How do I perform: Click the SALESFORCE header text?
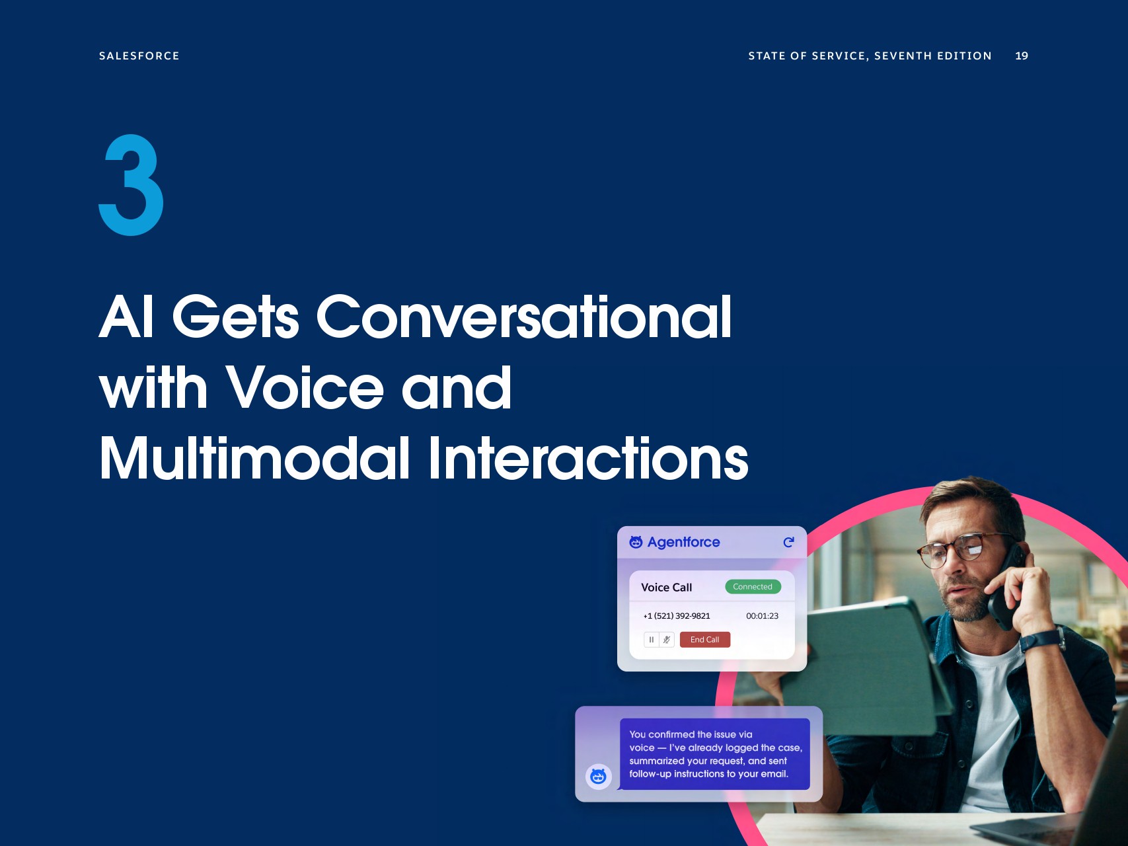(x=139, y=56)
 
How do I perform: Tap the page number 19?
(x=1022, y=56)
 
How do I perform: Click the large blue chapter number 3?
(x=131, y=185)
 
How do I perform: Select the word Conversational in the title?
(x=524, y=317)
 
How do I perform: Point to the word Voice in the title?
(x=305, y=387)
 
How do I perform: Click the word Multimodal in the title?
(x=255, y=458)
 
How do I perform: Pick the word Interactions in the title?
(x=588, y=458)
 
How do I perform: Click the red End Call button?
(x=705, y=640)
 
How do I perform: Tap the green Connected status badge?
(x=753, y=587)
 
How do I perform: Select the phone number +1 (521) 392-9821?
(x=677, y=616)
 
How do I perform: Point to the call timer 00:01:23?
(x=762, y=616)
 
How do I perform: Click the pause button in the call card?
(x=652, y=640)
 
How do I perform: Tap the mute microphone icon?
(x=667, y=640)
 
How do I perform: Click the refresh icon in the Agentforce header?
(x=788, y=543)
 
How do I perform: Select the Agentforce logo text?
(x=683, y=543)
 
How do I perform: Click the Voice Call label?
(x=666, y=588)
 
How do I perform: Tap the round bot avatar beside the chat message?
(x=599, y=777)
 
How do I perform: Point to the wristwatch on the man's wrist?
(x=1040, y=640)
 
